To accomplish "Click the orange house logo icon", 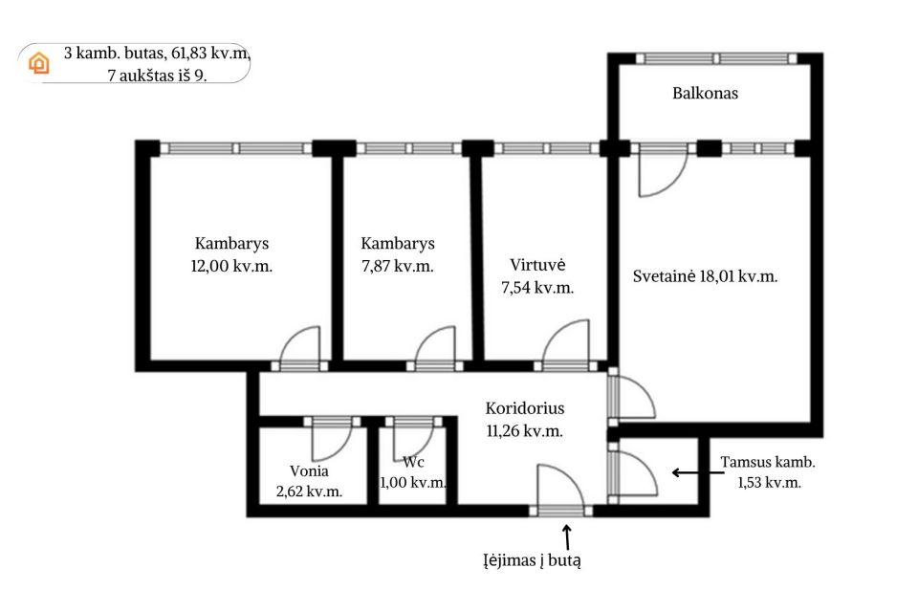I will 39,63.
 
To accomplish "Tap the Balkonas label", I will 706,94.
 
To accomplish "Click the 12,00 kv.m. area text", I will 232,267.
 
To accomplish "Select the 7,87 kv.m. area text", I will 398,267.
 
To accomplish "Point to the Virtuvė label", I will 539,265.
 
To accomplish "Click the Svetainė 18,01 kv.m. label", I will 705,276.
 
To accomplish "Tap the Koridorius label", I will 524,408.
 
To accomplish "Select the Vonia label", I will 309,470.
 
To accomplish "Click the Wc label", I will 413,462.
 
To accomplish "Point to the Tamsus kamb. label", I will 768,463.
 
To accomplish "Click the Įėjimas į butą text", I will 532,561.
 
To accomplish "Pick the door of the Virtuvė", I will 567,343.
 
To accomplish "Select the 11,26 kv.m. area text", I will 524,430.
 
